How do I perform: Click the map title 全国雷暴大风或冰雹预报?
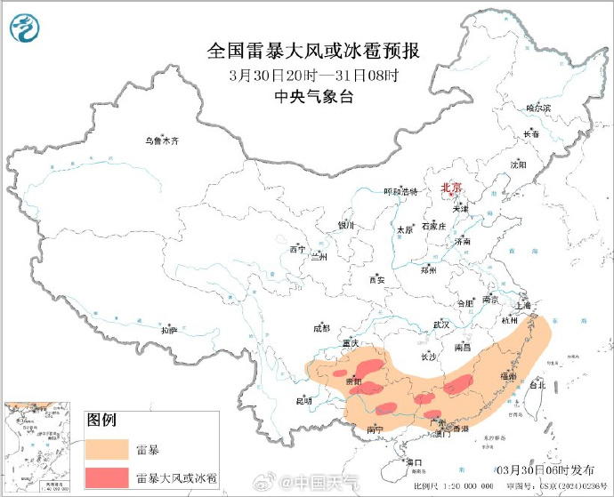point(312,51)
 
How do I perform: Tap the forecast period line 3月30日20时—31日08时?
point(312,75)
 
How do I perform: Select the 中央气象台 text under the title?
point(312,98)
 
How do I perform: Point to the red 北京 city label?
point(452,188)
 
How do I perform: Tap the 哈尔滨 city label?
point(538,108)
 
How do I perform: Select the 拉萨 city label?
point(169,331)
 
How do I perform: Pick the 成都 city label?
point(321,328)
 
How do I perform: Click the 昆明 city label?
point(303,400)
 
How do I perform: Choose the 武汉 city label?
point(440,325)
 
